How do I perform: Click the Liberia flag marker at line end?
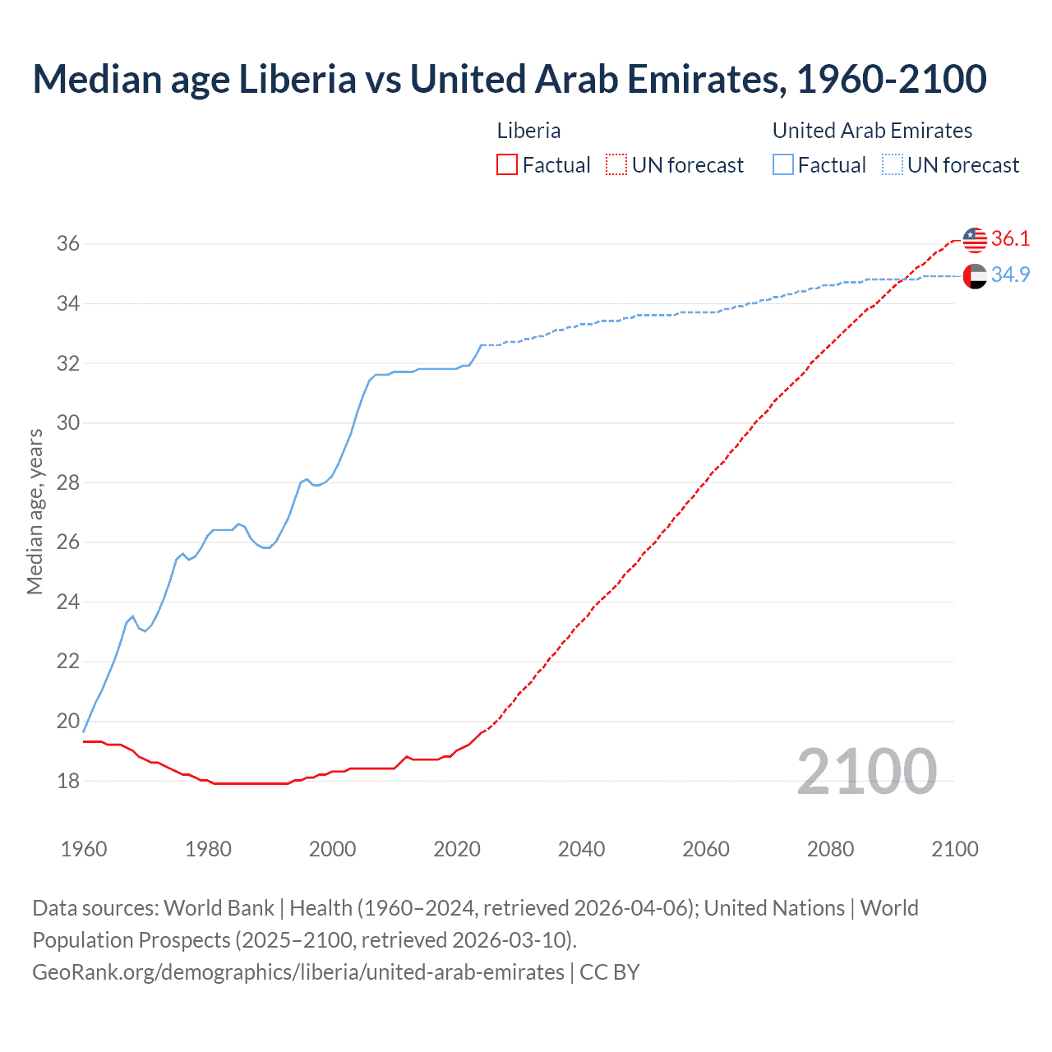click(975, 240)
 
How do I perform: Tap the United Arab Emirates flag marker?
click(975, 276)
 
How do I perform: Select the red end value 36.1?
click(1010, 239)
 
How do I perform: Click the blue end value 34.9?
click(1010, 275)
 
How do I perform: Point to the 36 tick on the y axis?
click(67, 244)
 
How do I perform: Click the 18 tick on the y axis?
click(67, 781)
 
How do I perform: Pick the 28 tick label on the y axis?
click(67, 482)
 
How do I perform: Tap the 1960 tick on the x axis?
click(84, 849)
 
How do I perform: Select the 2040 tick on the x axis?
click(581, 849)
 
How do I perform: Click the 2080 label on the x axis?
click(830, 849)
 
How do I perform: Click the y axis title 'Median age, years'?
click(35, 511)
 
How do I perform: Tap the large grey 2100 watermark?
click(866, 771)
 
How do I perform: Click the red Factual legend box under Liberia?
click(507, 165)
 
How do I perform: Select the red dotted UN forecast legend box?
click(616, 165)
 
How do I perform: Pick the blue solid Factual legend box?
click(783, 165)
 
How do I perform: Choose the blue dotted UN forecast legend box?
click(893, 165)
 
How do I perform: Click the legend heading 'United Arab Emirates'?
click(872, 131)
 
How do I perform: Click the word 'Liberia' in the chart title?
click(298, 79)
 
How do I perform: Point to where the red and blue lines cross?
click(901, 280)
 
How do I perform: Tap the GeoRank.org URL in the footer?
click(298, 972)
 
